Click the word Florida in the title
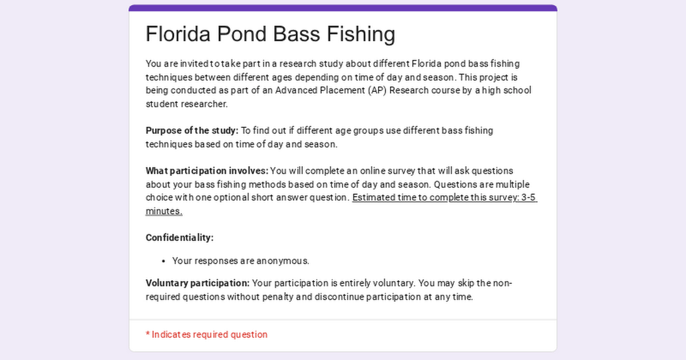(x=178, y=34)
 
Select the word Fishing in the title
(x=361, y=34)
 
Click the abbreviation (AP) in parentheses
(x=378, y=91)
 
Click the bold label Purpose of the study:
(x=192, y=131)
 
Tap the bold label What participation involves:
(x=207, y=171)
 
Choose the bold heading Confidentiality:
(x=180, y=238)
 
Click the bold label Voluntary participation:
(x=198, y=283)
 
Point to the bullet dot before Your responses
(x=163, y=261)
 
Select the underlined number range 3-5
(x=528, y=198)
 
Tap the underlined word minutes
(x=164, y=211)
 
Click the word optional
(x=232, y=198)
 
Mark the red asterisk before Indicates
(x=148, y=334)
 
